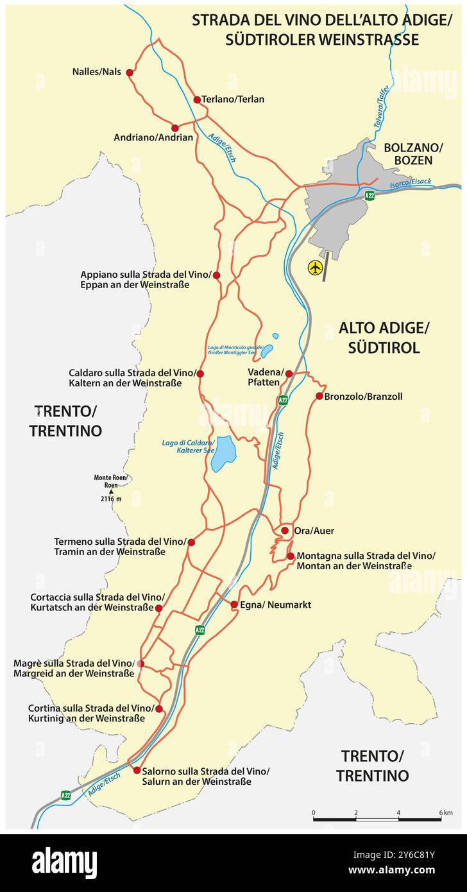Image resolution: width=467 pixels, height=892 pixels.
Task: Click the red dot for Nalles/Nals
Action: (130, 73)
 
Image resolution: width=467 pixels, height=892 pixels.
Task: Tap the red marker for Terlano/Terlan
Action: (197, 99)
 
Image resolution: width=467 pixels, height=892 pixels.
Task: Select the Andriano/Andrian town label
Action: (153, 137)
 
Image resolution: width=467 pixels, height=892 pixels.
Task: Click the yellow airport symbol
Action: (315, 268)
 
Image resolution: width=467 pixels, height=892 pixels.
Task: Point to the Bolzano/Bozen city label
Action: (408, 154)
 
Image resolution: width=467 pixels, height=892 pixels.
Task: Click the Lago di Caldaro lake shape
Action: (224, 453)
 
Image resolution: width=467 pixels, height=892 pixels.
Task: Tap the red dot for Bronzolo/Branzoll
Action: (319, 396)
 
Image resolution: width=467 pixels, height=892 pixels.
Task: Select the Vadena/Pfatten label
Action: (264, 377)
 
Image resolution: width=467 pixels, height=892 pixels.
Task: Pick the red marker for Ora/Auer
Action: (285, 531)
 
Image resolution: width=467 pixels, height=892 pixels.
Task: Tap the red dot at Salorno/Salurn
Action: (137, 770)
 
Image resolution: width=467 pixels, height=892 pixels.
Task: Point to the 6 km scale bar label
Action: (446, 813)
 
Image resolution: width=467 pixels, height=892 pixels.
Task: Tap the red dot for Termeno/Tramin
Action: (191, 542)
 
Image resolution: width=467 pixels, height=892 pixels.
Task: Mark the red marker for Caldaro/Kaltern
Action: (200, 373)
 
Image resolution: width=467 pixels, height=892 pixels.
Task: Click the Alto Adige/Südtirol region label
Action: (384, 338)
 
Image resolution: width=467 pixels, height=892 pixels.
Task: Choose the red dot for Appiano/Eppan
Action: (216, 275)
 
